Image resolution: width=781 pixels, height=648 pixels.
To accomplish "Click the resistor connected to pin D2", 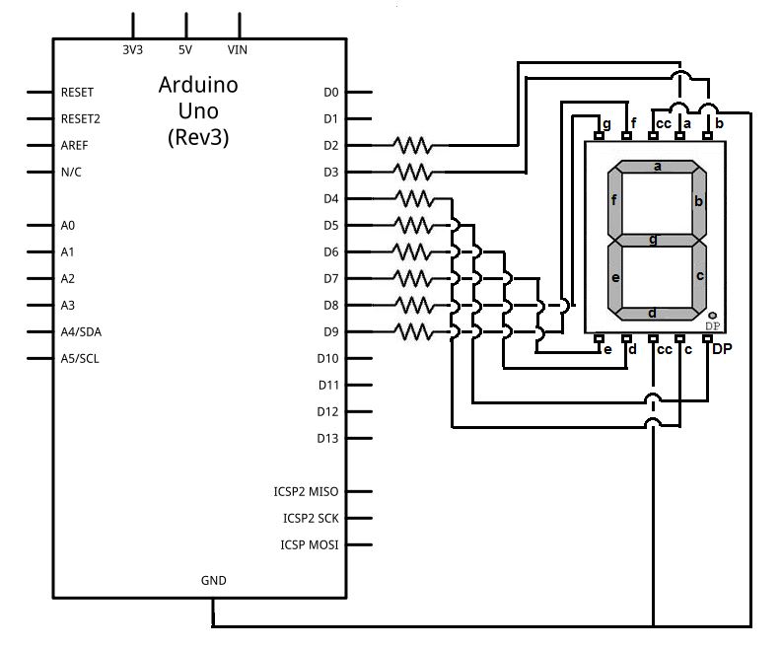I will pos(413,145).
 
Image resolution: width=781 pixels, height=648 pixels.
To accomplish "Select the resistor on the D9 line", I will pos(413,331).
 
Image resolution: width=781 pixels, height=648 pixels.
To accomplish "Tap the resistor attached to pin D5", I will pos(413,225).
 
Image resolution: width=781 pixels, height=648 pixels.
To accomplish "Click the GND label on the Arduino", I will pos(213,581).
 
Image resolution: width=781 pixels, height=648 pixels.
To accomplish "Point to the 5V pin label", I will pos(185,48).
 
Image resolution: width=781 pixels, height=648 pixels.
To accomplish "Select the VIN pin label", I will pos(238,48).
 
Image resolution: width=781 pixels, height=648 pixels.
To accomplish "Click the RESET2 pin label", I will pos(81,118).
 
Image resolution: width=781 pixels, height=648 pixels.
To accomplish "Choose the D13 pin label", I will pos(328,438).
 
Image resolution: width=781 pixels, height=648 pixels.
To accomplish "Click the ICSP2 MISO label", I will pos(306,491).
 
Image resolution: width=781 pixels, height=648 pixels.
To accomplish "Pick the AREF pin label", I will pos(75,145).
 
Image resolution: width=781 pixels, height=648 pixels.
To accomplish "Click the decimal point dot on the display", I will pos(712,316).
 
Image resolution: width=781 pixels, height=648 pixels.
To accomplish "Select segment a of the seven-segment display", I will pos(657,167).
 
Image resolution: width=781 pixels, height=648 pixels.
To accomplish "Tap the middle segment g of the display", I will pos(657,239).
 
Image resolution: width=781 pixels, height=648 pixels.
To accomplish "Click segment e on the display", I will pos(614,277).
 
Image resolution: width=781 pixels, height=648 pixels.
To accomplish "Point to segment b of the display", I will pos(699,201).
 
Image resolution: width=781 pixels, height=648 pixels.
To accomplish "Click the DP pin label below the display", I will pos(723,349).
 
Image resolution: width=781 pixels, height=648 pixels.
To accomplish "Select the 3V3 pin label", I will pos(132,48).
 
